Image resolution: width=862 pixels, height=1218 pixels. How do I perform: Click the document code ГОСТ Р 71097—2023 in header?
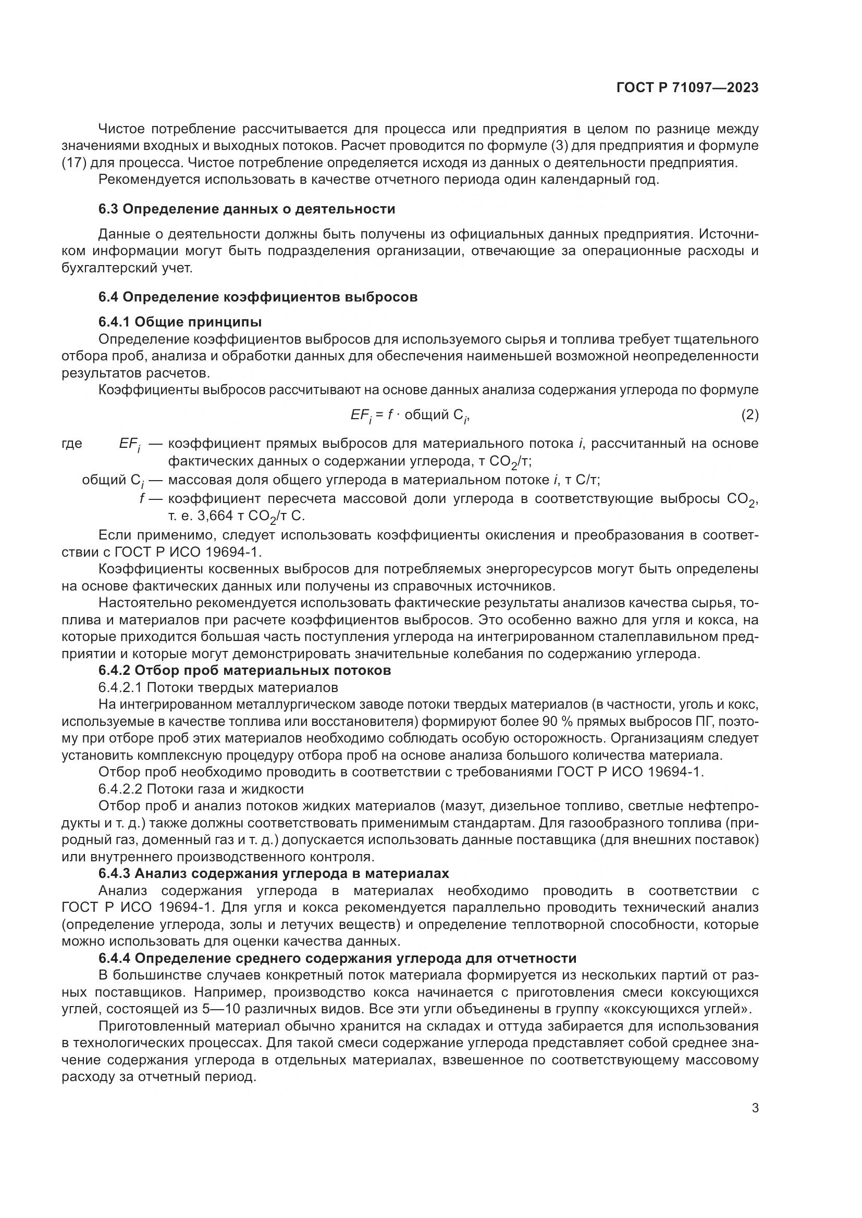pyautogui.click(x=687, y=88)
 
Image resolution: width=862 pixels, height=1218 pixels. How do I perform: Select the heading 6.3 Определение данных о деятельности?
pyautogui.click(x=247, y=209)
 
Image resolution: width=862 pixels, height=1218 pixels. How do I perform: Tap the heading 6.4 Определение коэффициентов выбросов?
pyautogui.click(x=258, y=297)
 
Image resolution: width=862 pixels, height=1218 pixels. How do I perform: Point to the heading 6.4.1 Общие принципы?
pyautogui.click(x=180, y=322)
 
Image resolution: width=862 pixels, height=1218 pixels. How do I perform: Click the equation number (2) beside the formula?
pyautogui.click(x=749, y=415)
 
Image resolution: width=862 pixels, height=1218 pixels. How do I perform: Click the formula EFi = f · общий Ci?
pyautogui.click(x=410, y=416)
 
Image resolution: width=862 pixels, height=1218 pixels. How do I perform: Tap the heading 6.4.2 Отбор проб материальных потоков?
pyautogui.click(x=245, y=671)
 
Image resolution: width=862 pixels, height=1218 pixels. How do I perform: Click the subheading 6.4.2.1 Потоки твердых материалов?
pyautogui.click(x=218, y=687)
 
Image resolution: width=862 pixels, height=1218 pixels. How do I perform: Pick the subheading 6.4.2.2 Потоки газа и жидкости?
pyautogui.click(x=201, y=789)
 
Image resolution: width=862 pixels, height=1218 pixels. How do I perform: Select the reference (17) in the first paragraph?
pyautogui.click(x=75, y=163)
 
